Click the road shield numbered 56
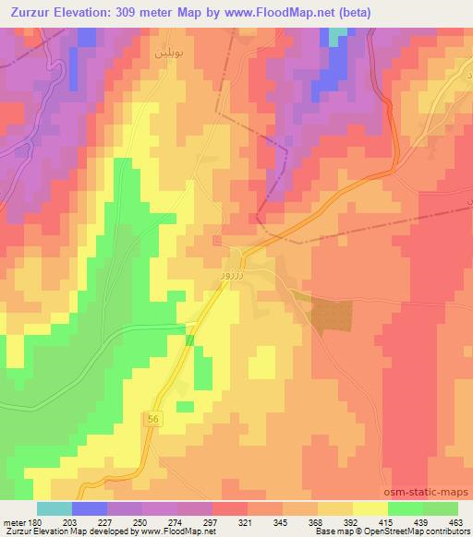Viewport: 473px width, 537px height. [x=152, y=420]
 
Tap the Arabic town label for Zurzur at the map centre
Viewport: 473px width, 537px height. [x=232, y=275]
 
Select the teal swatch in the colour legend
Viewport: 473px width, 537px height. [x=55, y=508]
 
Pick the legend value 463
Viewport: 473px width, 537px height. [x=455, y=522]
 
